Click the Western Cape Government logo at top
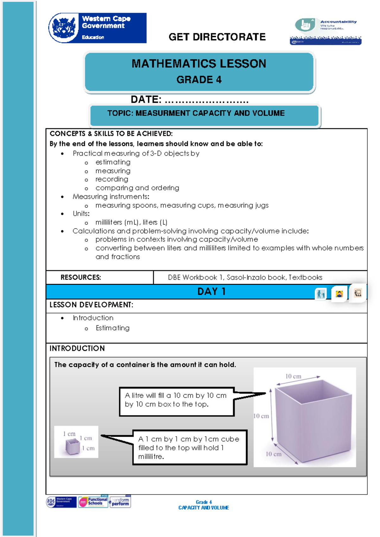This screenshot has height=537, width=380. pyautogui.click(x=97, y=28)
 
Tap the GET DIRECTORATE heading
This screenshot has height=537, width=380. pyautogui.click(x=217, y=37)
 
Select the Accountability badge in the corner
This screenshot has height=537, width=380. pyautogui.click(x=326, y=31)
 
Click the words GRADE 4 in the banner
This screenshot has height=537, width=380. pyautogui.click(x=199, y=79)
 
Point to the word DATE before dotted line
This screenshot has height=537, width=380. pyautogui.click(x=146, y=99)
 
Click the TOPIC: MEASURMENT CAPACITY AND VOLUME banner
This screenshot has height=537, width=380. pyautogui.click(x=196, y=113)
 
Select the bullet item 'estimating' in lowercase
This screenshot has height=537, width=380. pyautogui.click(x=113, y=162)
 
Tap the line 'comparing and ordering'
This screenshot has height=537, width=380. pyautogui.click(x=137, y=188)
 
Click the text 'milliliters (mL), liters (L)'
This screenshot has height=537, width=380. pyautogui.click(x=131, y=222)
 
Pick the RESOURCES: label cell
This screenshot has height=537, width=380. pyautogui.click(x=81, y=277)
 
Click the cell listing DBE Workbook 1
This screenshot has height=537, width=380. pyautogui.click(x=245, y=277)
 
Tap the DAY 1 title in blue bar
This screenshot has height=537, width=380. pyautogui.click(x=211, y=291)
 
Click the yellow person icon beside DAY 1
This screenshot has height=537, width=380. pyautogui.click(x=339, y=294)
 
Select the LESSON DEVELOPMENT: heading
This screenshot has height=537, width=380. pyautogui.click(x=91, y=305)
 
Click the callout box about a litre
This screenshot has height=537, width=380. pyautogui.click(x=176, y=401)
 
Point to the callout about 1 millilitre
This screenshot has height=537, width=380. pyautogui.click(x=189, y=447)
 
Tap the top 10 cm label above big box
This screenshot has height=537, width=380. pyautogui.click(x=293, y=376)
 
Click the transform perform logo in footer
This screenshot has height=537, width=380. pyautogui.click(x=120, y=502)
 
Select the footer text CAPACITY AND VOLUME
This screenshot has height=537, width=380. pyautogui.click(x=204, y=508)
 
